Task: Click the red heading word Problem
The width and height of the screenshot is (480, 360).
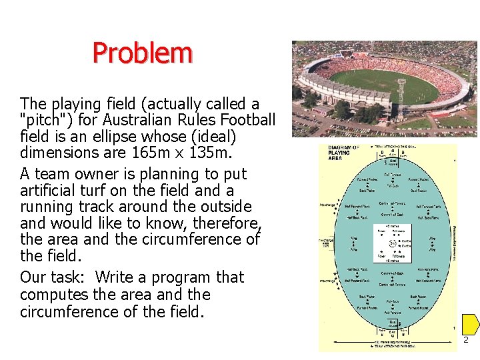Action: [142, 53]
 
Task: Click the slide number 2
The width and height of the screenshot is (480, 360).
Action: [466, 340]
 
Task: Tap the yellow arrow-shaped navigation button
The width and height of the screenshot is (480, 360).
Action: [471, 325]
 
